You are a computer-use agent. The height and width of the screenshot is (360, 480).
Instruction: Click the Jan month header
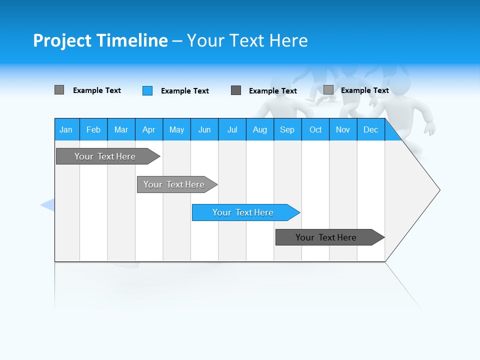pyautogui.click(x=66, y=129)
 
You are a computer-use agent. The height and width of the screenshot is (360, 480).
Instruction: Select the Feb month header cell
pyautogui.click(x=93, y=129)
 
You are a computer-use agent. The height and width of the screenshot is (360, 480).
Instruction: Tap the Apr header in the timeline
pyautogui.click(x=149, y=129)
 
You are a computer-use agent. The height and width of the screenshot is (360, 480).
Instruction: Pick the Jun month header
pyautogui.click(x=204, y=129)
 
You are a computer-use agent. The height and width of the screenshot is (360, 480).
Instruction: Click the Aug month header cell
pyautogui.click(x=260, y=129)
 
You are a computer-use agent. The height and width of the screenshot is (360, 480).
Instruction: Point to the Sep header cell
pyautogui.click(x=287, y=129)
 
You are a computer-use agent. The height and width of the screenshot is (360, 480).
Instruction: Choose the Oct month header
pyautogui.click(x=315, y=129)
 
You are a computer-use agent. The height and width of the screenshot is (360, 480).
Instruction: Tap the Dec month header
pyautogui.click(x=371, y=129)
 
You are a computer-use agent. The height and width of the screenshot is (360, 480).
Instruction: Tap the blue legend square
pyautogui.click(x=147, y=90)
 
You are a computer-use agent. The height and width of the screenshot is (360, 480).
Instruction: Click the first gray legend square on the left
pyautogui.click(x=59, y=90)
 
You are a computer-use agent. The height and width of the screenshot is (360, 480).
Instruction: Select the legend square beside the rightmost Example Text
pyautogui.click(x=328, y=90)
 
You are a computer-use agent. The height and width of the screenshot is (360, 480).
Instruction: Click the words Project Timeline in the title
pyautogui.click(x=100, y=40)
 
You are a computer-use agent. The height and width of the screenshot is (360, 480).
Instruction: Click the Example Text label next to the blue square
pyautogui.click(x=184, y=91)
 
